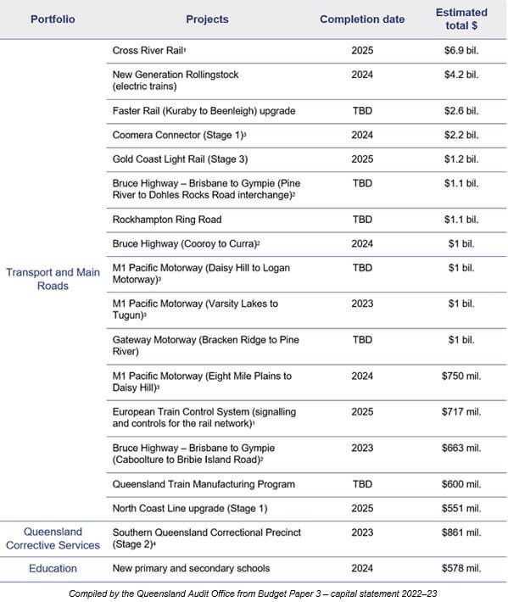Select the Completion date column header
362,19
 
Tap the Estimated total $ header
461,19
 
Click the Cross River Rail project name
149,51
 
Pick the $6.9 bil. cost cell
461,51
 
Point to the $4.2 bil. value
461,75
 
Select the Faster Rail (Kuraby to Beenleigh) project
204,111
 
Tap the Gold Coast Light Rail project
180,159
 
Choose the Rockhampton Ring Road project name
167,220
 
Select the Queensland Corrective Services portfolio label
53,538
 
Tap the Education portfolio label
53,568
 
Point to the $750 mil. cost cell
461,376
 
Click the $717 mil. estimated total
461,411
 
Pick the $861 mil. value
461,532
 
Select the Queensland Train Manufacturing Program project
204,484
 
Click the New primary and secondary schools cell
191,568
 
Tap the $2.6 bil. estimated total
461,111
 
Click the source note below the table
254,594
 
